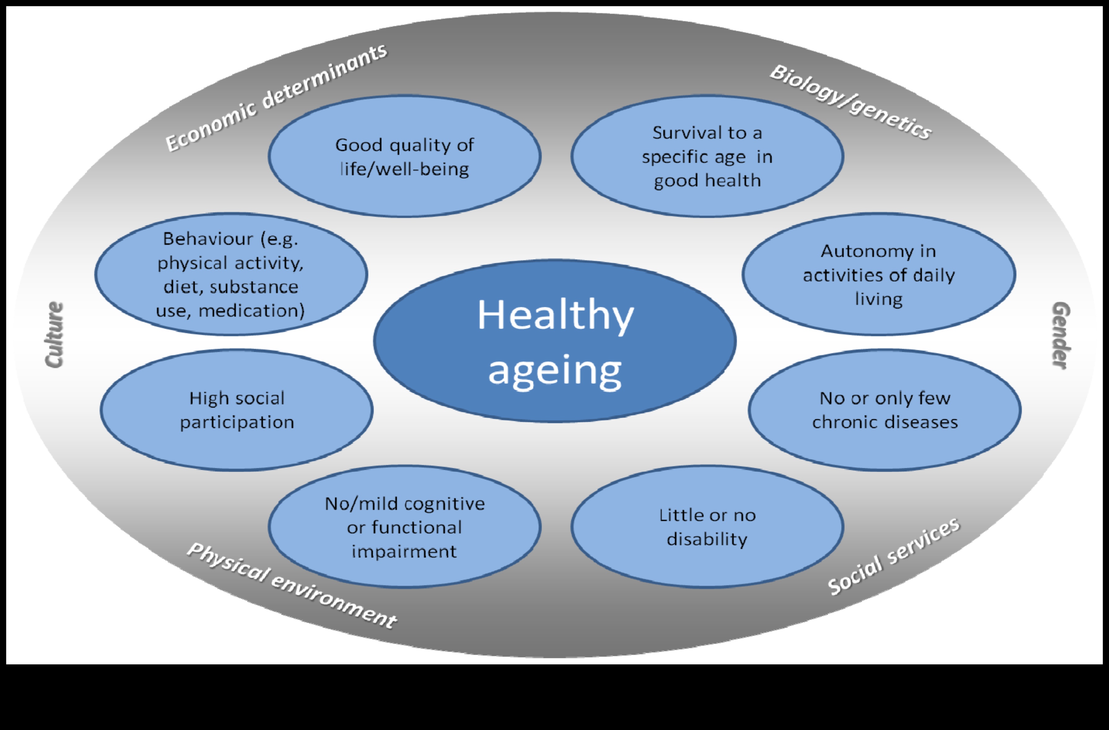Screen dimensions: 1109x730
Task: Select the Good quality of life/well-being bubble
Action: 404,156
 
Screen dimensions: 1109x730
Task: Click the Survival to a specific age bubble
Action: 707,156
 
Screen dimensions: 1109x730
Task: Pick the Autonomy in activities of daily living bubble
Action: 879,274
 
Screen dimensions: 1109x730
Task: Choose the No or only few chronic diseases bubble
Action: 885,410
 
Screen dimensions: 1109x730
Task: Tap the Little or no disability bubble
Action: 707,526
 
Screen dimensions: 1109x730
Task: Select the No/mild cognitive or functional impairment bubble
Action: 404,526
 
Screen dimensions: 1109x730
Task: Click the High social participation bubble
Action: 237,410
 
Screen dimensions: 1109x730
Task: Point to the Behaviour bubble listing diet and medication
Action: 231,274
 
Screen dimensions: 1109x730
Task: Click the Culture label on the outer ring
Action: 54,334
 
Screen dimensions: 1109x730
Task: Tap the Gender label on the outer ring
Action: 1061,335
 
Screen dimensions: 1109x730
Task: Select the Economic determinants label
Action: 276,98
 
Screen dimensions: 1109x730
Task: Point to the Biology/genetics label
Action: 851,102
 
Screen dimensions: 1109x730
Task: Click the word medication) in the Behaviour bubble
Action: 251,310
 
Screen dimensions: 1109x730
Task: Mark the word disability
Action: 707,539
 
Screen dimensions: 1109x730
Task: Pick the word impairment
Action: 404,552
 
